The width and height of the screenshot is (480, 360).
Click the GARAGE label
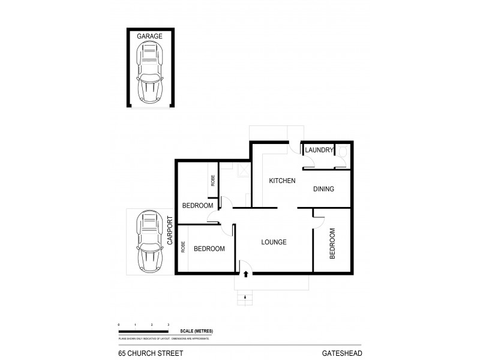pyautogui.click(x=149, y=37)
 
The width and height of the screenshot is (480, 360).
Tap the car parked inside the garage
pyautogui.click(x=149, y=75)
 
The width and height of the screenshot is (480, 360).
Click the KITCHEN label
pyautogui.click(x=281, y=181)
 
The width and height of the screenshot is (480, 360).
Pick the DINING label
pyautogui.click(x=323, y=189)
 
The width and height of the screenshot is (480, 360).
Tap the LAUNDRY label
pyautogui.click(x=319, y=150)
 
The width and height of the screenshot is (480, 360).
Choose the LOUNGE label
pyautogui.click(x=274, y=242)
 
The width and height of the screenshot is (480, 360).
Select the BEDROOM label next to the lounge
pyautogui.click(x=209, y=248)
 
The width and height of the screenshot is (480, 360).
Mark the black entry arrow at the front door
pyautogui.click(x=245, y=274)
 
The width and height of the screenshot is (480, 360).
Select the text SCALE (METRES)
pyautogui.click(x=196, y=331)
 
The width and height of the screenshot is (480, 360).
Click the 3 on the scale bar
pyautogui.click(x=169, y=325)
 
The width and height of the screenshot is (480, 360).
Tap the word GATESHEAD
pyautogui.click(x=341, y=353)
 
